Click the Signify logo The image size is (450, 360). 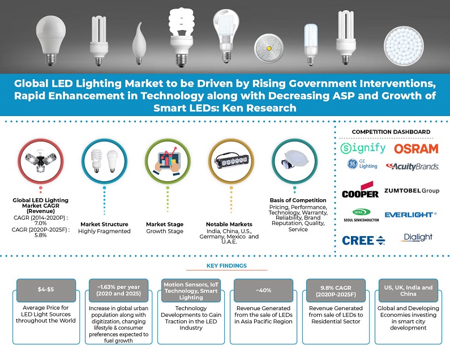(x=364, y=148)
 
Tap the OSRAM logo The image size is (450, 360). (x=416, y=148)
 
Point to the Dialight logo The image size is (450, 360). (x=418, y=237)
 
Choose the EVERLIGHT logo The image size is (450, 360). (x=410, y=215)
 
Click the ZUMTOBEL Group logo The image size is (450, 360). (x=412, y=191)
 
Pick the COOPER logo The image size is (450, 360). (x=360, y=191)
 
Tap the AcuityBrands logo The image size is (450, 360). (x=412, y=166)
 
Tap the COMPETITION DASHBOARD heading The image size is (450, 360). (x=391, y=132)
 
